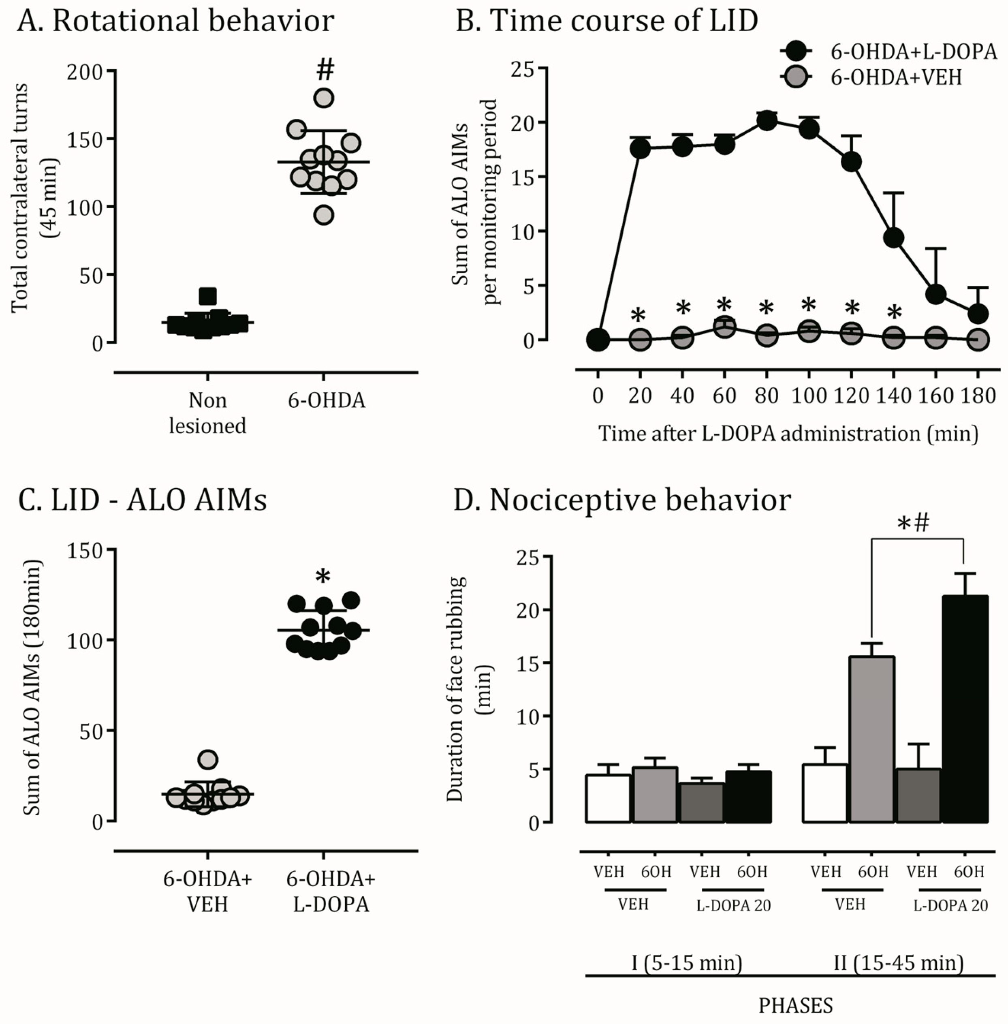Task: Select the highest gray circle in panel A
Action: pyautogui.click(x=323, y=98)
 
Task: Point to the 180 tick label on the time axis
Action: pyautogui.click(x=978, y=396)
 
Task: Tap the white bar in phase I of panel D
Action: pyautogui.click(x=608, y=798)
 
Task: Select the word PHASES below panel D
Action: pyautogui.click(x=796, y=1005)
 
